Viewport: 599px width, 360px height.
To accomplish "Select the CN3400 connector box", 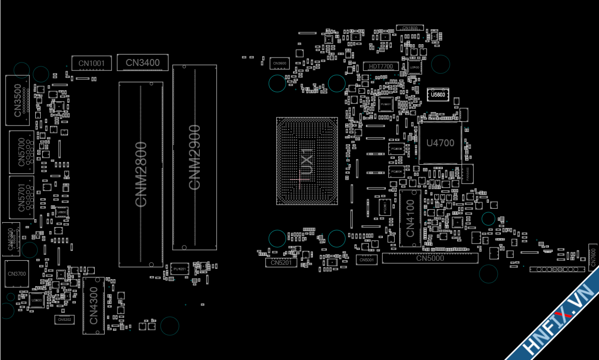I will [143, 62].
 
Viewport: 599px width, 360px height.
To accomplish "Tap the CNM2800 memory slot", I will [141, 174].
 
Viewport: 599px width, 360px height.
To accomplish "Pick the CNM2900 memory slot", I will [195, 157].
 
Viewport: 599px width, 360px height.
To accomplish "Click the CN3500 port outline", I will [18, 100].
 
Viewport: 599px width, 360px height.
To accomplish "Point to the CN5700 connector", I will [22, 153].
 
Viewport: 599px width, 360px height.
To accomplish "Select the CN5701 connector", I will [22, 197].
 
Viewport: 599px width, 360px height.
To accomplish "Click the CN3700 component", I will [17, 274].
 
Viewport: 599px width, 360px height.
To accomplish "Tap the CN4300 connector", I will [94, 305].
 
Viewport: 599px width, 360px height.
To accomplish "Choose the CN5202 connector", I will [64, 320].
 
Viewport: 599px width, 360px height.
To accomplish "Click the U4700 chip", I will [440, 143].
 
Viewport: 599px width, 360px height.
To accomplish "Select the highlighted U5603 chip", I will [438, 94].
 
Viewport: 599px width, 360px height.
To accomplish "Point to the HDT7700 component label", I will [381, 66].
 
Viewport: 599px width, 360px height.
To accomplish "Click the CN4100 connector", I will [410, 218].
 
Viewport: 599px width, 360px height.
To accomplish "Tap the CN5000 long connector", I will [430, 258].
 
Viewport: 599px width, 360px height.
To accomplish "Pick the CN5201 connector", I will [281, 263].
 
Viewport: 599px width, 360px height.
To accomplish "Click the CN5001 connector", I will [367, 259].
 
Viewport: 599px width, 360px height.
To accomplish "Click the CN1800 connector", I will [410, 28].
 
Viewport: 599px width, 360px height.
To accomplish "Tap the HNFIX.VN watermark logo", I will [560, 322].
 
